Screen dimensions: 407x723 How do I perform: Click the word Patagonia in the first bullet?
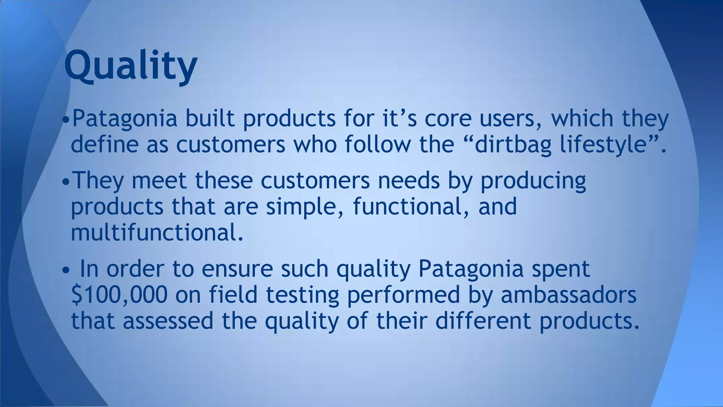[124, 118]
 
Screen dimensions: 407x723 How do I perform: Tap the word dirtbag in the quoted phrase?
[513, 144]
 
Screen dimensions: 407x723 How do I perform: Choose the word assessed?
[168, 321]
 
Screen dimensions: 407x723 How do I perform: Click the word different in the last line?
[483, 321]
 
